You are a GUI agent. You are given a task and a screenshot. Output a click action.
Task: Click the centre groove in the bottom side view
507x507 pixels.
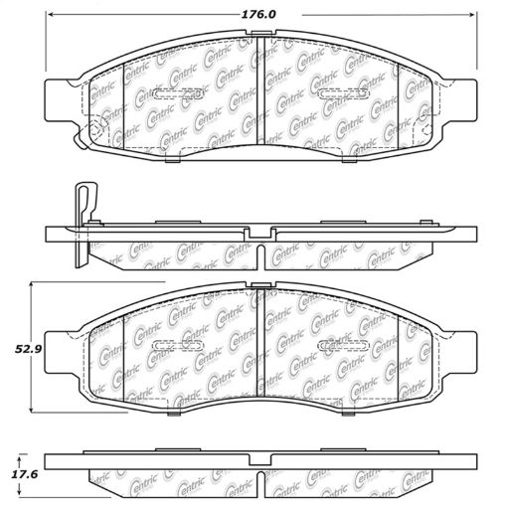[260, 485]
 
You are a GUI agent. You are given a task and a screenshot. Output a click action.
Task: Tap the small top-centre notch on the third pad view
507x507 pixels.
[260, 287]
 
